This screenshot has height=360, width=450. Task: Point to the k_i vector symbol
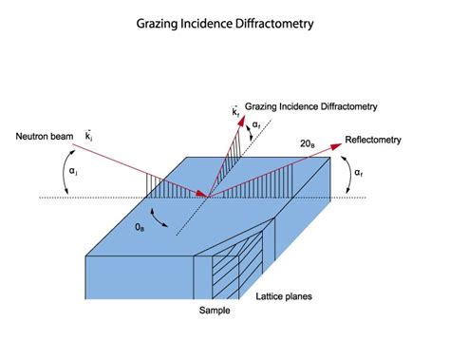(90, 138)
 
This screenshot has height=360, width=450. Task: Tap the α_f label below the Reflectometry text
(357, 173)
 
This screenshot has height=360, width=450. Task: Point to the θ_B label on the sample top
(141, 228)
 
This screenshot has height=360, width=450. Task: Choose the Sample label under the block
(215, 311)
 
